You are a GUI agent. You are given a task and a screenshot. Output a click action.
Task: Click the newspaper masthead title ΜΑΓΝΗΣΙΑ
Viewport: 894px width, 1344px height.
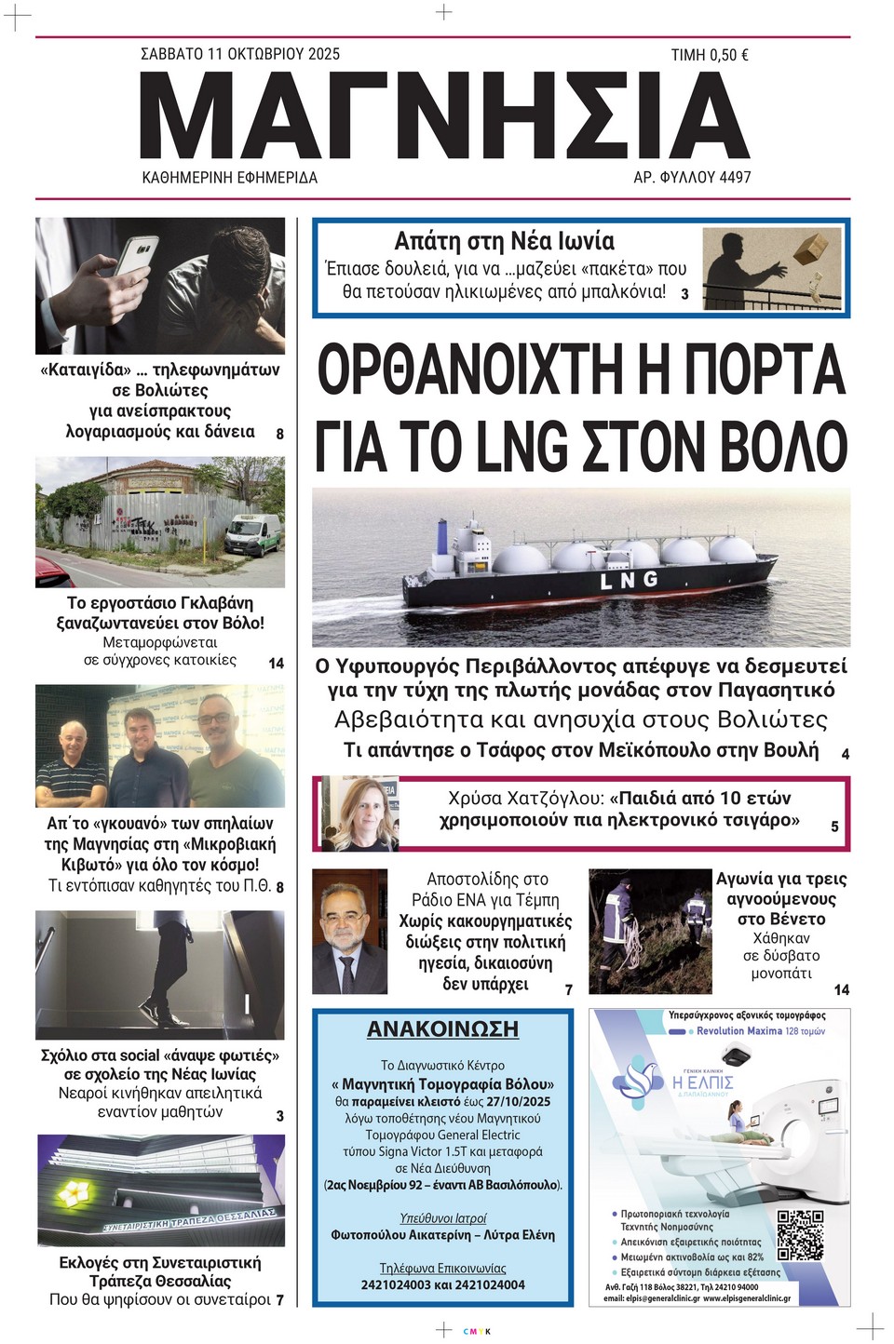click(x=445, y=115)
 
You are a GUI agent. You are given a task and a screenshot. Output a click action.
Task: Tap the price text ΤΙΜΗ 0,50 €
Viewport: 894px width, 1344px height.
click(x=710, y=56)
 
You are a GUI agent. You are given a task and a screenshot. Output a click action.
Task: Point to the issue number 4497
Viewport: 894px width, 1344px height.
click(x=734, y=177)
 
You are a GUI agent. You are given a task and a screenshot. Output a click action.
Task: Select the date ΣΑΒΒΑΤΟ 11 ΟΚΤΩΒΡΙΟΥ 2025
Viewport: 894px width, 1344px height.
click(x=240, y=54)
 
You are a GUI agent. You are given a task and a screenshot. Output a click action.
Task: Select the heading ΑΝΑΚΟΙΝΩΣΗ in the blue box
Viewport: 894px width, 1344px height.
click(x=442, y=1028)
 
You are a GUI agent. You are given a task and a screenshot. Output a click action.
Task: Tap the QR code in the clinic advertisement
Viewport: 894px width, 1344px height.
click(x=800, y=1234)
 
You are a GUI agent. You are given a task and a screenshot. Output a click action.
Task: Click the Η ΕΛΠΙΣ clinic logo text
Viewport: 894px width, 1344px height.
click(x=703, y=1082)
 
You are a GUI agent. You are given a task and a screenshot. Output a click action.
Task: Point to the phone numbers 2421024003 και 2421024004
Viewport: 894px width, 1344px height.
click(x=442, y=1284)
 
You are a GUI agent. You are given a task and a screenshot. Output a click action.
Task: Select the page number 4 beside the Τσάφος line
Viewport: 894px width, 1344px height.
click(x=845, y=754)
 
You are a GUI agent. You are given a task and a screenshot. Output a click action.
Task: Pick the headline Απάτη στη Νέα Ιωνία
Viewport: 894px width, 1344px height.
click(x=504, y=241)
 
